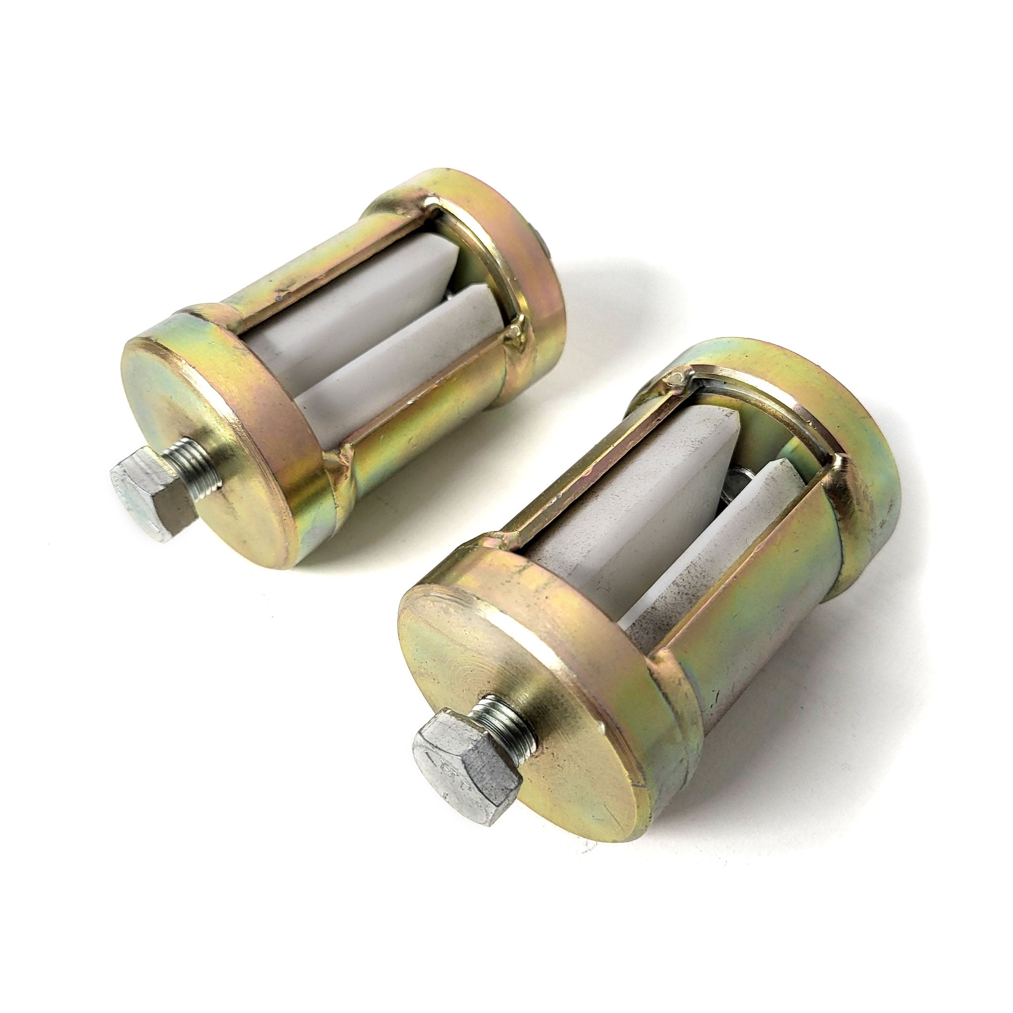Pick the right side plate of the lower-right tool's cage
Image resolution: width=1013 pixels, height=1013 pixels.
(x=771, y=593)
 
